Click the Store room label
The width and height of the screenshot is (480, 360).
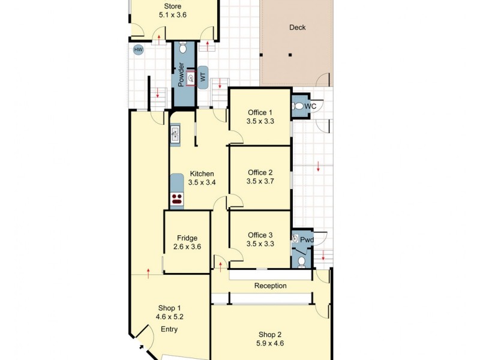pos(173,6)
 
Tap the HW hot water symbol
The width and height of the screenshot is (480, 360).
pos(139,50)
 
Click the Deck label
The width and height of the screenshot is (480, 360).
pos(298,27)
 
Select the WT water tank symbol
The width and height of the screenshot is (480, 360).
pos(203,77)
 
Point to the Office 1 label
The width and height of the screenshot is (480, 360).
pos(260,112)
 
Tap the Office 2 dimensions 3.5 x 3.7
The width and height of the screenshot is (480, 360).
pos(260,182)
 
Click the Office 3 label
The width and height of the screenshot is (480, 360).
pos(260,235)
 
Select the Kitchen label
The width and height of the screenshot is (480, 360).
pos(201,173)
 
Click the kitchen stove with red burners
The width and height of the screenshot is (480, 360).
pos(176,199)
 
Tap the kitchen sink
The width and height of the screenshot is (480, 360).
pos(175,134)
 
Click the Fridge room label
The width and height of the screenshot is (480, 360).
pos(187,238)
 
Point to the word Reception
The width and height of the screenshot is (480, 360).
pos(270,286)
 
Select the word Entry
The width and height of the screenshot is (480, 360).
pos(169,329)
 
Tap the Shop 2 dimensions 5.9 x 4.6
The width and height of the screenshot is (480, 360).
pos(270,344)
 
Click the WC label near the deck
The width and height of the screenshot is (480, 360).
pos(310,106)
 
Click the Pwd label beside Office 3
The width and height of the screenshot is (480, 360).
pos(307,240)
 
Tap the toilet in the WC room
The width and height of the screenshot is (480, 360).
pos(298,106)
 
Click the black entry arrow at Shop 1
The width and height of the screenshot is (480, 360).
pos(141,346)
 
